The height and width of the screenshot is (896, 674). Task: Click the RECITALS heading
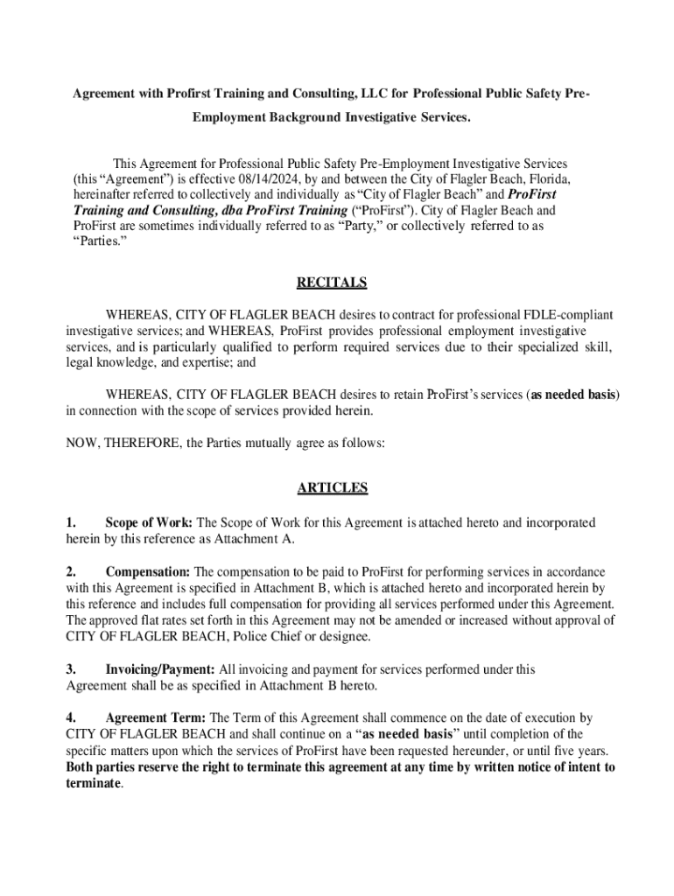pyautogui.click(x=332, y=283)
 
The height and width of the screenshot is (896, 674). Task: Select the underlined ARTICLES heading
pyautogui.click(x=332, y=487)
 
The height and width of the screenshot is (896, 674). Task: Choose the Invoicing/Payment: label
pyautogui.click(x=160, y=669)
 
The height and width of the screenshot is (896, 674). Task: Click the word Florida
pyautogui.click(x=549, y=179)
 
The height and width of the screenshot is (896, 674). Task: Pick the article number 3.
pyautogui.click(x=70, y=669)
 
